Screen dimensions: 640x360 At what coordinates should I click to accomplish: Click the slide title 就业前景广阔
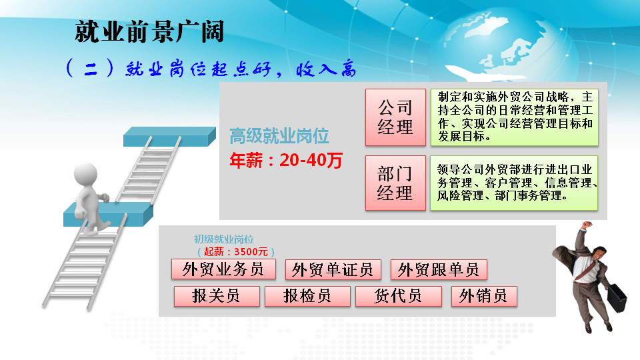149,31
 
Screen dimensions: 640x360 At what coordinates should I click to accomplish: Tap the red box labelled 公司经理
395,117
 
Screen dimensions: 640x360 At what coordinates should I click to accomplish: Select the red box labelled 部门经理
395,183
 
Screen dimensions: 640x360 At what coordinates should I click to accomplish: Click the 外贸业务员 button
223,269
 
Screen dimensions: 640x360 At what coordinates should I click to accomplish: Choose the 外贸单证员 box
333,269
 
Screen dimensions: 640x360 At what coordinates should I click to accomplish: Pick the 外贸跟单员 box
439,269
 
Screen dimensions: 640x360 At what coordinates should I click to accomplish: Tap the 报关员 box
216,296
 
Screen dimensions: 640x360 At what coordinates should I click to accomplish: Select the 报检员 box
307,296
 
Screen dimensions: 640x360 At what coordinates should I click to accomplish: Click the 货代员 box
399,296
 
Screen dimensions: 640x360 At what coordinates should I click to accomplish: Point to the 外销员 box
484,296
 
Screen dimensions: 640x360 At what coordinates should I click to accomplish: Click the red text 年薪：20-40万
286,160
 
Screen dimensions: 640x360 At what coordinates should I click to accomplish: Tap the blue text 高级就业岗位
279,136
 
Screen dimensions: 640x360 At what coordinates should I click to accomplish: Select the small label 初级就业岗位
224,239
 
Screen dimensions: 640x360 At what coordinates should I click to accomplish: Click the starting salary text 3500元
251,252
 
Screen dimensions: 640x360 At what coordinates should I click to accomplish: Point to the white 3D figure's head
86,174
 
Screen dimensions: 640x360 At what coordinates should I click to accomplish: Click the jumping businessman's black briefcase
616,297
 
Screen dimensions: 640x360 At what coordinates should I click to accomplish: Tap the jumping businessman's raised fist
587,225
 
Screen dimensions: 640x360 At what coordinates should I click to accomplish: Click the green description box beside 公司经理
514,117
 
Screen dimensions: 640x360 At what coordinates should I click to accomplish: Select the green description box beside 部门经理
514,183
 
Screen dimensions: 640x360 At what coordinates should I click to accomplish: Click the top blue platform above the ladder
169,136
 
